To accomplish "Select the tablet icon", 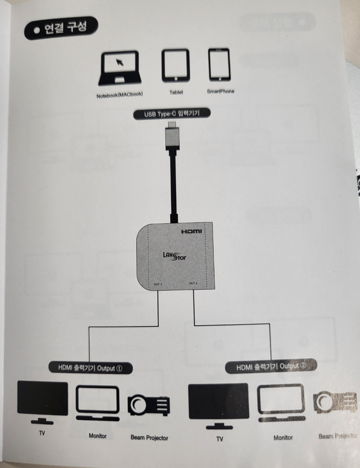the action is [175, 65].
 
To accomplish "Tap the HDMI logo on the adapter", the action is [192, 232].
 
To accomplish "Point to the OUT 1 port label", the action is [158, 285].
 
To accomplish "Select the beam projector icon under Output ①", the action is [149, 405].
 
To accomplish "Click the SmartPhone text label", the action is [220, 92].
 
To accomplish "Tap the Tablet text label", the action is [176, 92].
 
